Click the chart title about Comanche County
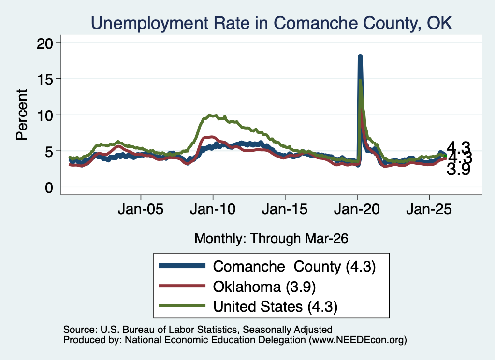point(272,23)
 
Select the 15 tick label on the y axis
point(45,79)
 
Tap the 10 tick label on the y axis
point(45,115)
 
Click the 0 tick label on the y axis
point(49,187)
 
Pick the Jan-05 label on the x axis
point(141,209)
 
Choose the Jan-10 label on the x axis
point(213,209)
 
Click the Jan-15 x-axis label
point(285,209)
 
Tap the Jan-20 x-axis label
point(357,209)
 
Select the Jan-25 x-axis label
point(429,209)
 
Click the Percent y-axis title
point(22,115)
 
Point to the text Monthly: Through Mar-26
point(271,239)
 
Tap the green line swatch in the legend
point(182,306)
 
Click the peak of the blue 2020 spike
point(360,57)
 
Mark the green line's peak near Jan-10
point(212,115)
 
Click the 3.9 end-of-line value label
point(458,170)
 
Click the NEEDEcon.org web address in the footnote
point(357,340)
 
